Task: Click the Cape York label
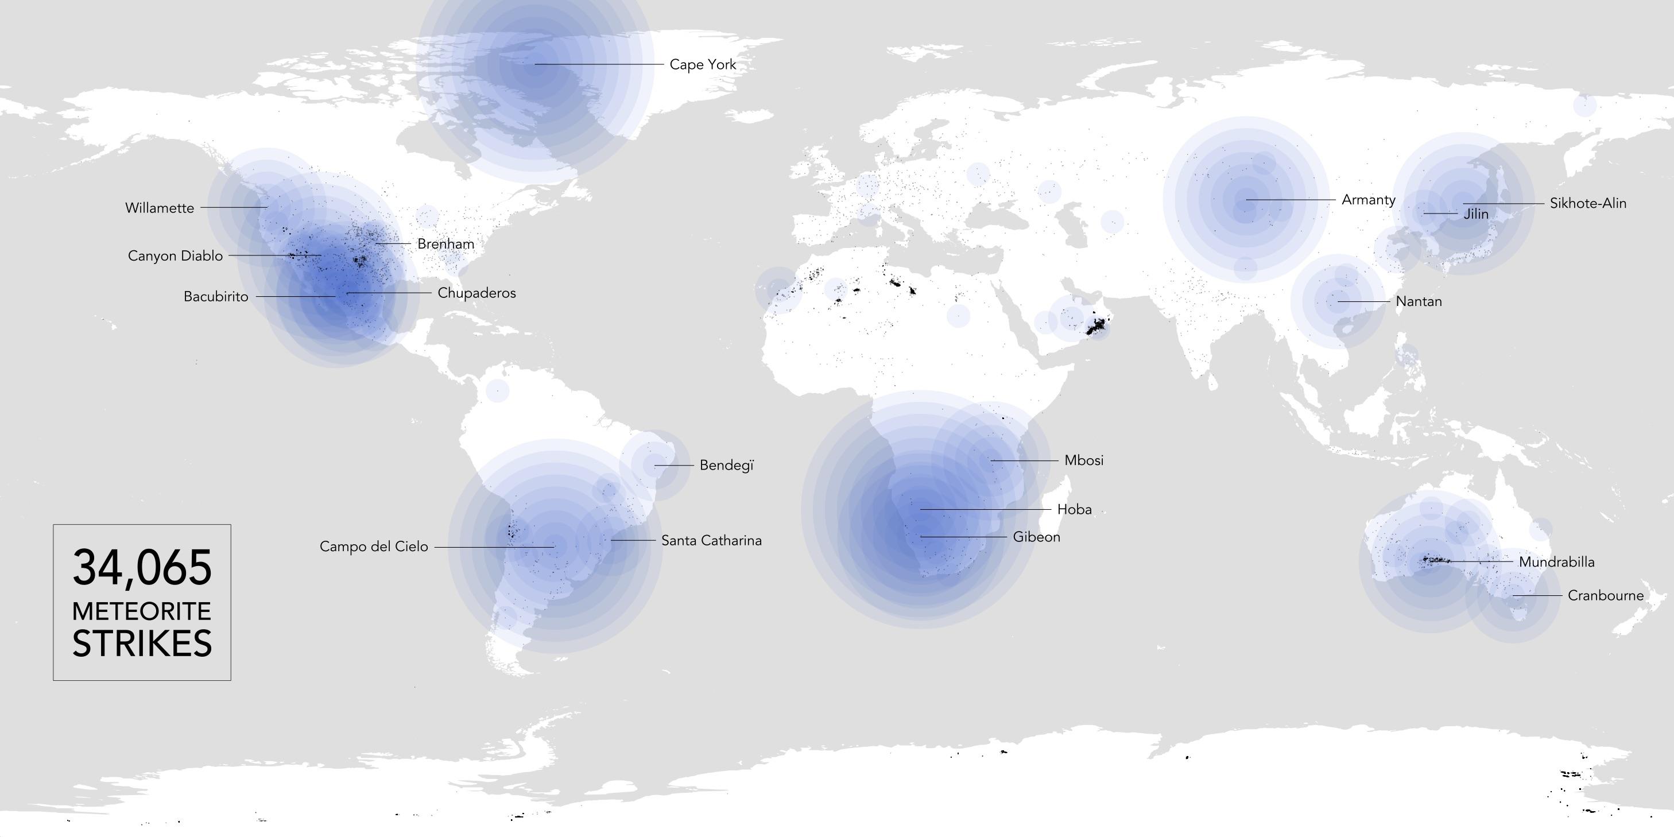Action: coord(703,64)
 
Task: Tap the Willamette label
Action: coord(159,208)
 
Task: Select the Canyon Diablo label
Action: coord(175,256)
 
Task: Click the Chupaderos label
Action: coord(476,293)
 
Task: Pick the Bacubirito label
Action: coord(216,297)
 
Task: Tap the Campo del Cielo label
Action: coord(374,547)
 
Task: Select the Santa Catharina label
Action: coord(711,541)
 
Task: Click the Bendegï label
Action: coord(726,466)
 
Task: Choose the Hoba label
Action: coord(1074,509)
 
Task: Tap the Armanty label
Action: coord(1368,200)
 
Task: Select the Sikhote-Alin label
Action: coord(1587,203)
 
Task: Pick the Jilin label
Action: coord(1476,214)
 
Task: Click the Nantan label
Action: coord(1418,301)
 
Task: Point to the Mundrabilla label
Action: coord(1556,562)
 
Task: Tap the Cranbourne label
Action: coord(1605,596)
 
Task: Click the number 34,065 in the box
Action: coord(142,567)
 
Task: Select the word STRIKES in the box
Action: coord(142,644)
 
